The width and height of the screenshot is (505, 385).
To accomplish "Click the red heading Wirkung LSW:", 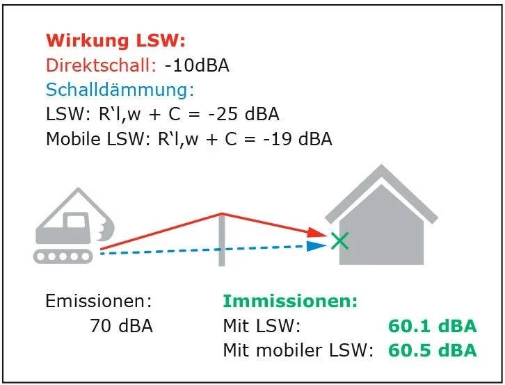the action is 115,40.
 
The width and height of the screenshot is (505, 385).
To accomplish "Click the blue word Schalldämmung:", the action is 120,90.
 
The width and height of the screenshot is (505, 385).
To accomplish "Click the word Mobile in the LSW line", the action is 72,139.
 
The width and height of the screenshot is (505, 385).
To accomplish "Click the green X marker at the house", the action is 339,241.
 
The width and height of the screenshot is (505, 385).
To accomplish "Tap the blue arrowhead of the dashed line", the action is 316,246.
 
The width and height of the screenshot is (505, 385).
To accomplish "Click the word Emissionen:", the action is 97,302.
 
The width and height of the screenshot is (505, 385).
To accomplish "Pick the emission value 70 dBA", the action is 121,325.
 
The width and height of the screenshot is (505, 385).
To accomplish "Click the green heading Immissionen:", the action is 290,302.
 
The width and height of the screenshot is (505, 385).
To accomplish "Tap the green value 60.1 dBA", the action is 432,326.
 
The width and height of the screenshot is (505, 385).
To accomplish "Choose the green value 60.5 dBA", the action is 432,350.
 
